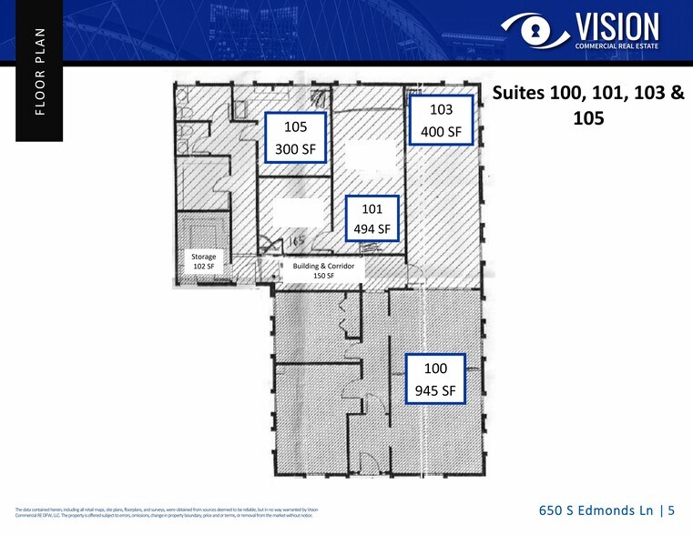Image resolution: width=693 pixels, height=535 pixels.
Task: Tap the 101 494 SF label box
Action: [371, 218]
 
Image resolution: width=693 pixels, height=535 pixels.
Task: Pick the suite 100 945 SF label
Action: [435, 379]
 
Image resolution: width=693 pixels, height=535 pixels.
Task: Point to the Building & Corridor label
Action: [328, 267]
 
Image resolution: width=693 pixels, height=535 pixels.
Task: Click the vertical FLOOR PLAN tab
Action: [39, 71]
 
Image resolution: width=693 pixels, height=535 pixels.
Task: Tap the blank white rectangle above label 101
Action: [372, 156]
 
